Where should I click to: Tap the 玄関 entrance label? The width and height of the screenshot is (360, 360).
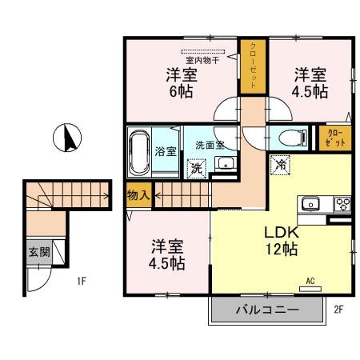tap(38, 251)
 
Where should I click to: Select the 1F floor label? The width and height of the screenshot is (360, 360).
tap(82, 281)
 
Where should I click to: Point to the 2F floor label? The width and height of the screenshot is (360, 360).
tap(338, 308)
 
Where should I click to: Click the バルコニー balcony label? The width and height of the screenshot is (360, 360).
tap(267, 309)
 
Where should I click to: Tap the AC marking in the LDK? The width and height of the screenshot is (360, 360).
tap(310, 281)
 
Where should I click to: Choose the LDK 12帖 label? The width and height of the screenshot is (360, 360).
tap(281, 239)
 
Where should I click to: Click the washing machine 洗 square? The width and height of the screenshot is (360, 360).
tap(196, 169)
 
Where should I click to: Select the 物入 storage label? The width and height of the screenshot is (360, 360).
tap(138, 194)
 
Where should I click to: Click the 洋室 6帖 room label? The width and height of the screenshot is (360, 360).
tap(182, 82)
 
